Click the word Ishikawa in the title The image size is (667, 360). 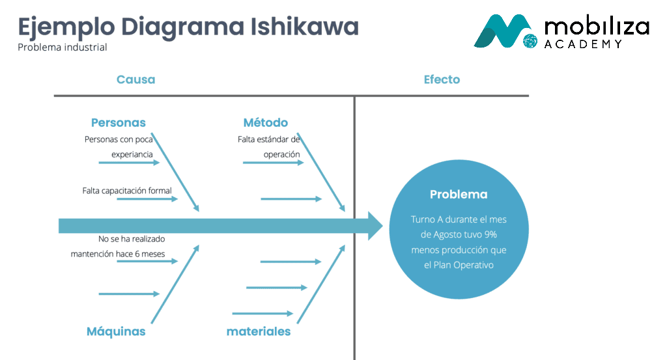[x=304, y=27]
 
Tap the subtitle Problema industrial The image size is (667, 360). [x=63, y=48]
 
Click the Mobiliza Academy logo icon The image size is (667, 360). [x=505, y=31]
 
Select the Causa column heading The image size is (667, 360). [x=135, y=80]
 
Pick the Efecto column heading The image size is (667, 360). [x=442, y=80]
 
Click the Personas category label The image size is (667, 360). [x=118, y=123]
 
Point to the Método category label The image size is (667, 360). [x=265, y=123]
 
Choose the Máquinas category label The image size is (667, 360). [x=116, y=332]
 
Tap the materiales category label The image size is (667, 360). [x=259, y=332]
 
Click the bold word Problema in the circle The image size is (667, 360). [x=459, y=195]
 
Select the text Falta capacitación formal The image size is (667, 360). [x=127, y=191]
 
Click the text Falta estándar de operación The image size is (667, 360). [x=268, y=146]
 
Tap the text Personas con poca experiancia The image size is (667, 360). [x=119, y=146]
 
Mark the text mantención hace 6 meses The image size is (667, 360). [x=118, y=254]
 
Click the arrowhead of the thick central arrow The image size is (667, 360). [x=376, y=226]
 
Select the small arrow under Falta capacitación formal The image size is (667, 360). [x=147, y=199]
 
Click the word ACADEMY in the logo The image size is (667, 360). [x=583, y=44]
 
